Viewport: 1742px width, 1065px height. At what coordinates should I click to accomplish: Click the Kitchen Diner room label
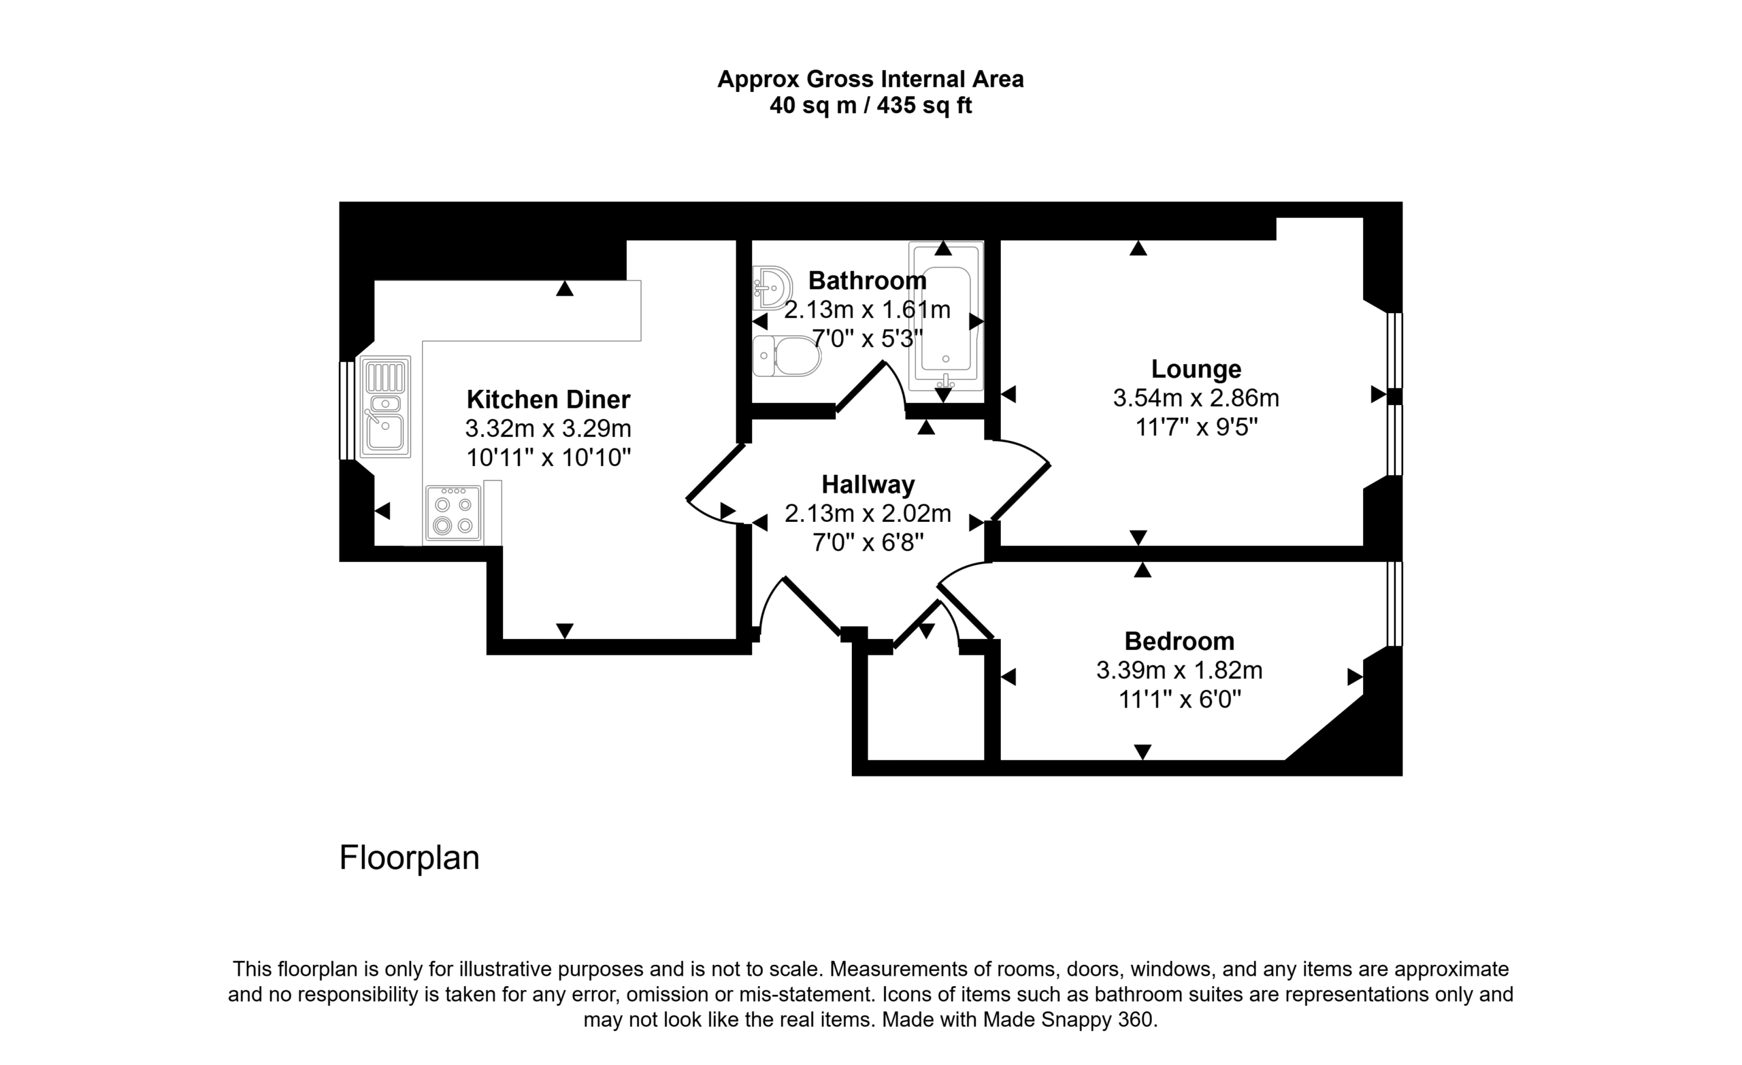pos(548,399)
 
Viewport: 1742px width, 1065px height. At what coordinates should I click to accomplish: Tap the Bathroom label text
pos(868,281)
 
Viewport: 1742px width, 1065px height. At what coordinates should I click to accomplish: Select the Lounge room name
pos(1196,369)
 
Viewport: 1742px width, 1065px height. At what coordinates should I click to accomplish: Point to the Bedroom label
pos(1179,642)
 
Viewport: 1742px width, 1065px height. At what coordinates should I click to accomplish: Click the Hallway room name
pos(868,485)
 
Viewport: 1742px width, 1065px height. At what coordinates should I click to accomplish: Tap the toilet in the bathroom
pos(786,356)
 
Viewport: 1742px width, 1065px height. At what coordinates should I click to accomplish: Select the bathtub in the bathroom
pos(946,316)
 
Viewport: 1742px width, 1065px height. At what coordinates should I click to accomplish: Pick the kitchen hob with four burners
pos(454,514)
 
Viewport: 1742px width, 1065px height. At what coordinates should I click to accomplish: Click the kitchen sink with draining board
pos(385,407)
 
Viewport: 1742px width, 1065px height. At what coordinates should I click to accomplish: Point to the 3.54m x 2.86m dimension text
pos(1196,398)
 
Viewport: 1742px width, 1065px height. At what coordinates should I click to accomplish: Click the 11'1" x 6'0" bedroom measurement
pos(1179,700)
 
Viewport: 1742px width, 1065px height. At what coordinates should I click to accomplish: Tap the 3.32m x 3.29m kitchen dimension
pos(548,429)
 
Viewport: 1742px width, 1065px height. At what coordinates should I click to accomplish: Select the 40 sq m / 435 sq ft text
pos(870,105)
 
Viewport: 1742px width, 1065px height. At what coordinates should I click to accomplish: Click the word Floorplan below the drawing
pos(410,858)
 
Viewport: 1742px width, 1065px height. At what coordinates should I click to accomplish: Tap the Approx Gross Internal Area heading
pos(870,79)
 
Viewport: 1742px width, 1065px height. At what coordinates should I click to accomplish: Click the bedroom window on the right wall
pos(1394,604)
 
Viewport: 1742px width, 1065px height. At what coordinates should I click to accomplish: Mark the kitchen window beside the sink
pos(346,410)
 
